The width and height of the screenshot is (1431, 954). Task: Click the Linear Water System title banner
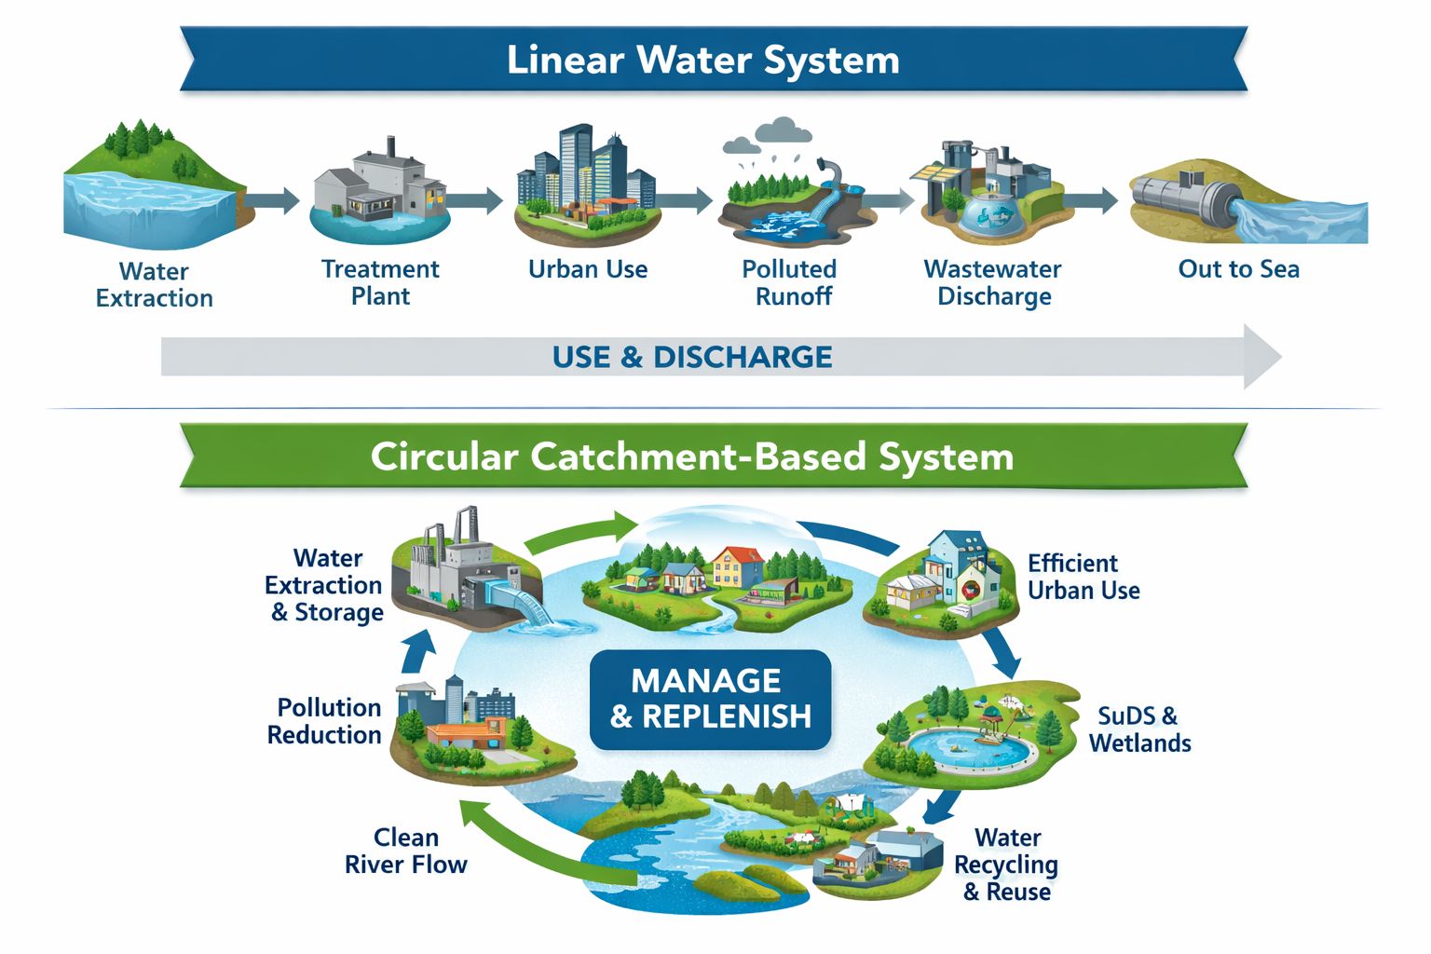click(703, 60)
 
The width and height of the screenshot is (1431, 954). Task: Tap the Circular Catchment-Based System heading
click(691, 457)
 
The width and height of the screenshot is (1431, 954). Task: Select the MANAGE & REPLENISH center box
click(710, 699)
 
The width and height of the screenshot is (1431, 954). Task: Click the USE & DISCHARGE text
click(691, 357)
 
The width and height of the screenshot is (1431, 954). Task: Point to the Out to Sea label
click(1238, 269)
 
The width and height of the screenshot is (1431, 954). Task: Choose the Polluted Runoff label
click(790, 282)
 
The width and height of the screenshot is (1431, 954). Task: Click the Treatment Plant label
click(380, 282)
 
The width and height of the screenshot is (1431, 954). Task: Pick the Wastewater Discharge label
click(993, 282)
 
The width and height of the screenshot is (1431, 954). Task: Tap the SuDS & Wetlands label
click(1139, 729)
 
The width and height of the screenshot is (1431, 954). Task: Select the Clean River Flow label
click(406, 851)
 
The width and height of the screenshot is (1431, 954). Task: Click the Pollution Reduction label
click(325, 721)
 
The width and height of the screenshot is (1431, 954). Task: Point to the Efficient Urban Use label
click(1083, 577)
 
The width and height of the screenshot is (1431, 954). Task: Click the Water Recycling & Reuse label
click(1006, 865)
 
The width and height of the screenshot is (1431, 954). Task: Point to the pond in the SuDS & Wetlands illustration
click(971, 746)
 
